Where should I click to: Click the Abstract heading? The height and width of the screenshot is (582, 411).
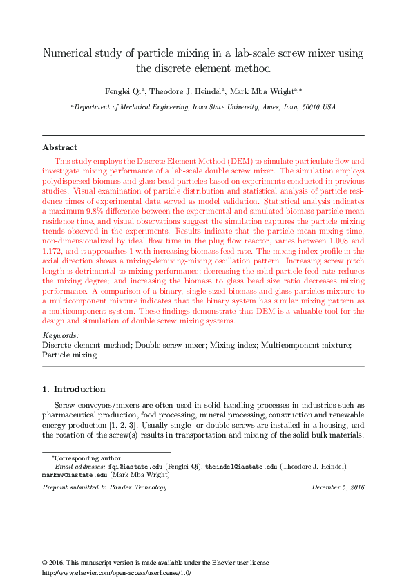coord(59,147)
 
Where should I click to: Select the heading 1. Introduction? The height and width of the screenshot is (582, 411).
coord(74,389)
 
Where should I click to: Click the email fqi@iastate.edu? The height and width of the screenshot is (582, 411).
coord(135,467)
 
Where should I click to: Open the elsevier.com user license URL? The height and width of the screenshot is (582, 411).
coord(116,573)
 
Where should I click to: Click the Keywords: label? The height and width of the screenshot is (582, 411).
coord(60,335)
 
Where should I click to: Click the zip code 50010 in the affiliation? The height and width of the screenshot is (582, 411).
coord(306,107)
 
